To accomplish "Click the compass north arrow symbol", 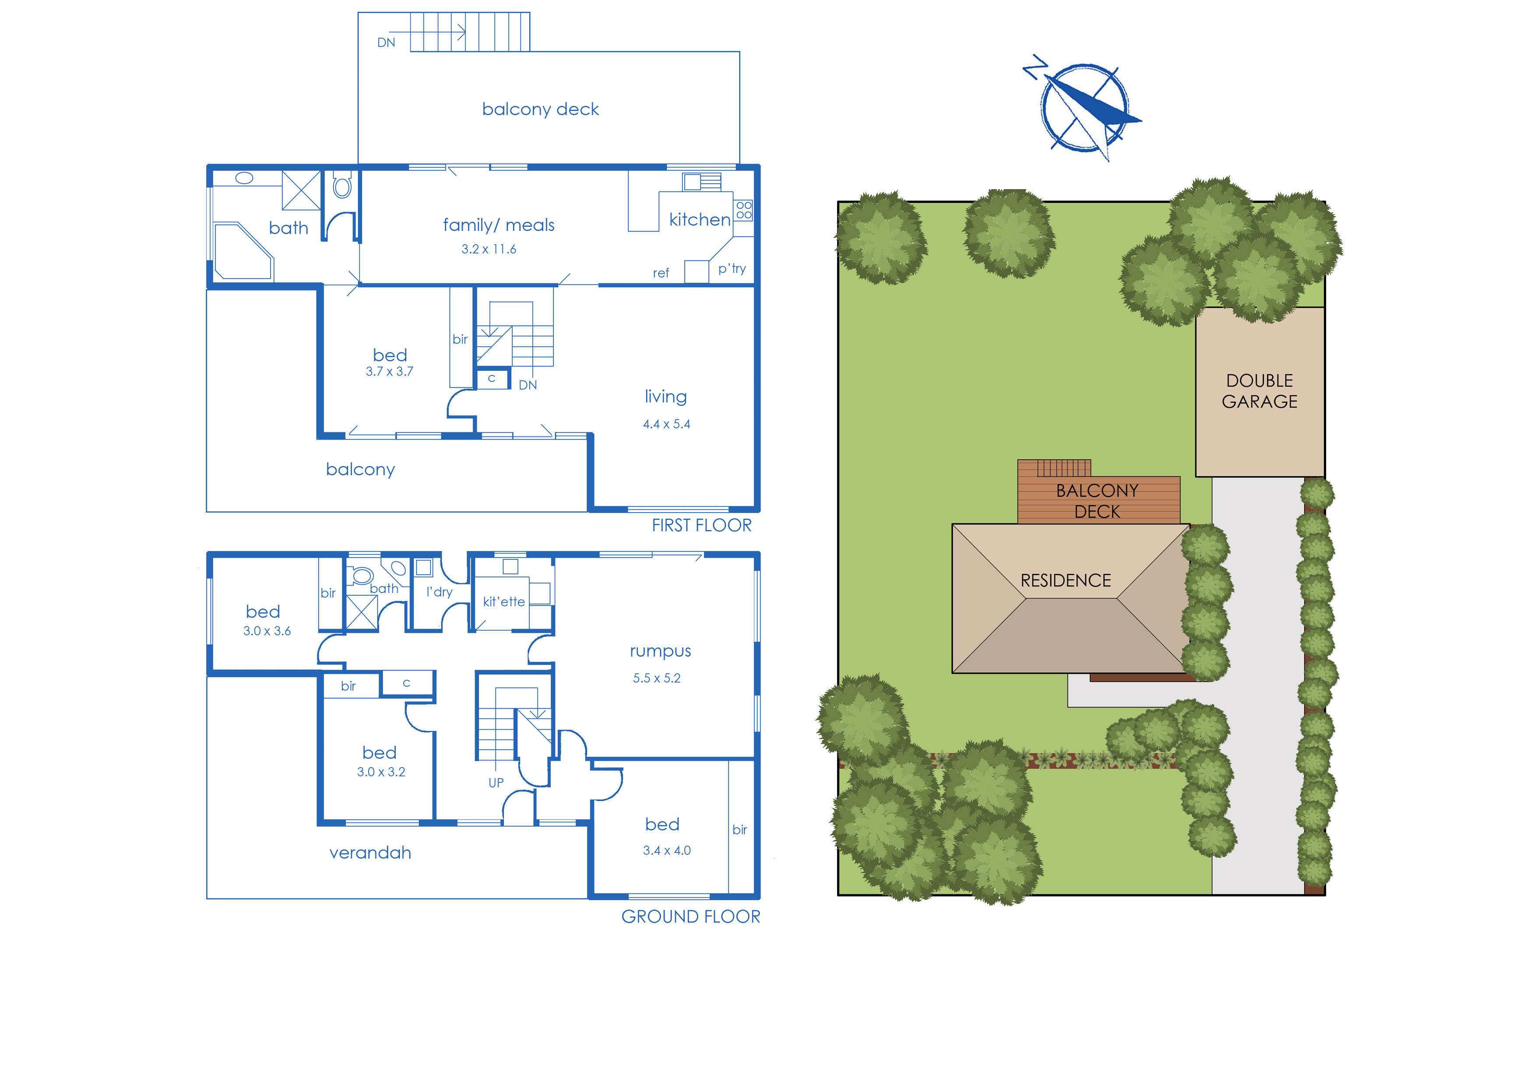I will pos(1084,107).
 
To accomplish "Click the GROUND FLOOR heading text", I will pos(690,916).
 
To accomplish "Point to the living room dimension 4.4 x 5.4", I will pos(666,424).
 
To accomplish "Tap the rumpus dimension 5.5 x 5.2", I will pos(656,678).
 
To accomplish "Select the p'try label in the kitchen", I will pos(731,268).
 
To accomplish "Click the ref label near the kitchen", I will pos(660,273).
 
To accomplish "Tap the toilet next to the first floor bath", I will pos(342,186).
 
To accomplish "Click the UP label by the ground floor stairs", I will pos(496,782).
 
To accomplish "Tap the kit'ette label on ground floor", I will pos(503,602).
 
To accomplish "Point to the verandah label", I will pos(370,853).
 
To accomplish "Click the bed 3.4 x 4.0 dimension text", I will pos(666,851).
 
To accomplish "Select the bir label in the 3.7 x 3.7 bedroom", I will pos(460,339).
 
